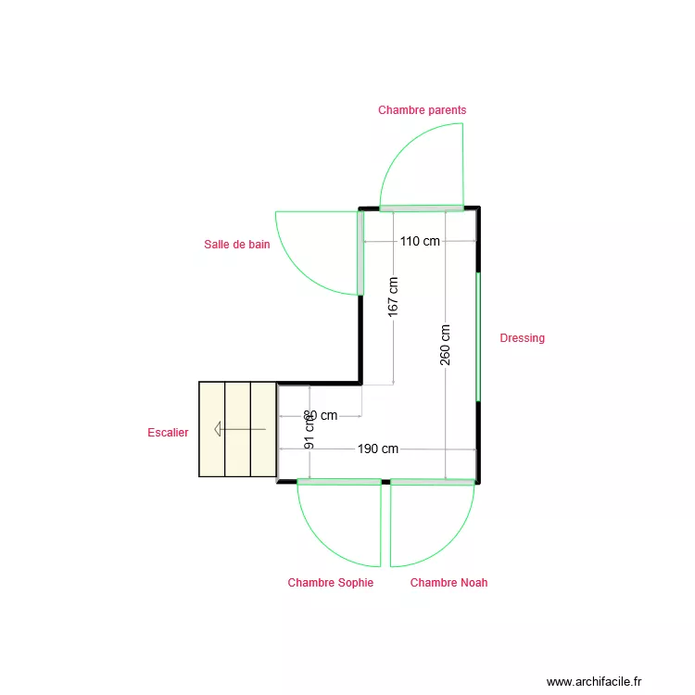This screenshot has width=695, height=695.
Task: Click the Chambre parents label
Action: coord(422,110)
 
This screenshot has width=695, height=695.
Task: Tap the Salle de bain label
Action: coord(237,245)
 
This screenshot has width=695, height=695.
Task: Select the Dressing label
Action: coord(522,338)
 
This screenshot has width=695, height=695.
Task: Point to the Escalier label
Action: coord(168,433)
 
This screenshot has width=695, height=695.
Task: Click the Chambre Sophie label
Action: coord(330,583)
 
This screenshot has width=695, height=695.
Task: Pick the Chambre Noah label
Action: coord(449,583)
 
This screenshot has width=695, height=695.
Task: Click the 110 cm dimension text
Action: coord(420,242)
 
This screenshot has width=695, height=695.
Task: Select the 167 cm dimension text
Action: coord(394,297)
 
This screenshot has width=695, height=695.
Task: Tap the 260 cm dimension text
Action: coord(446,344)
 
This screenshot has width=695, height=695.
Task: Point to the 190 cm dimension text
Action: coord(378,449)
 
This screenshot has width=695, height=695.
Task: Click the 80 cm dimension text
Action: coord(321,416)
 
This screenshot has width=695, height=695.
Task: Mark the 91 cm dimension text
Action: coord(310,431)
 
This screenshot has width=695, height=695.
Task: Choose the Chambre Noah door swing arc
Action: coord(450,542)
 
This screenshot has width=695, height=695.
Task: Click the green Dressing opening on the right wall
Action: coord(478,337)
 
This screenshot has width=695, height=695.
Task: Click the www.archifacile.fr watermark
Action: coord(593,682)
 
